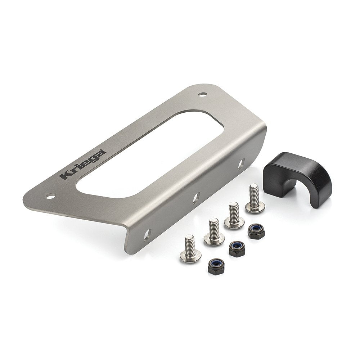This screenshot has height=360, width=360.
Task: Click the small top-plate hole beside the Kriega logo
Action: click(50, 196)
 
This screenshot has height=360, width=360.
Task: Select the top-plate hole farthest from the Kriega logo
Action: click(203, 94)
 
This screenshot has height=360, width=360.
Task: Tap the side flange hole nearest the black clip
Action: click(241, 164)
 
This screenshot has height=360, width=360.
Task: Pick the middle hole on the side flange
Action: click(196, 198)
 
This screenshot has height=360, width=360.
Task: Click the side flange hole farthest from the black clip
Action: click(147, 235)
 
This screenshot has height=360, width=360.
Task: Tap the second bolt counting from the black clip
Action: click(234, 216)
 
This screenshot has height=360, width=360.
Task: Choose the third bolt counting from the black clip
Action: click(214, 232)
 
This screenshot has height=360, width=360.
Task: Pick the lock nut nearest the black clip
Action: click(256, 231)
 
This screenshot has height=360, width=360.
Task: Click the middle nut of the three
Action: click(237, 248)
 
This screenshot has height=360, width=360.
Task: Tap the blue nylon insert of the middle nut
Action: click(237, 246)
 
